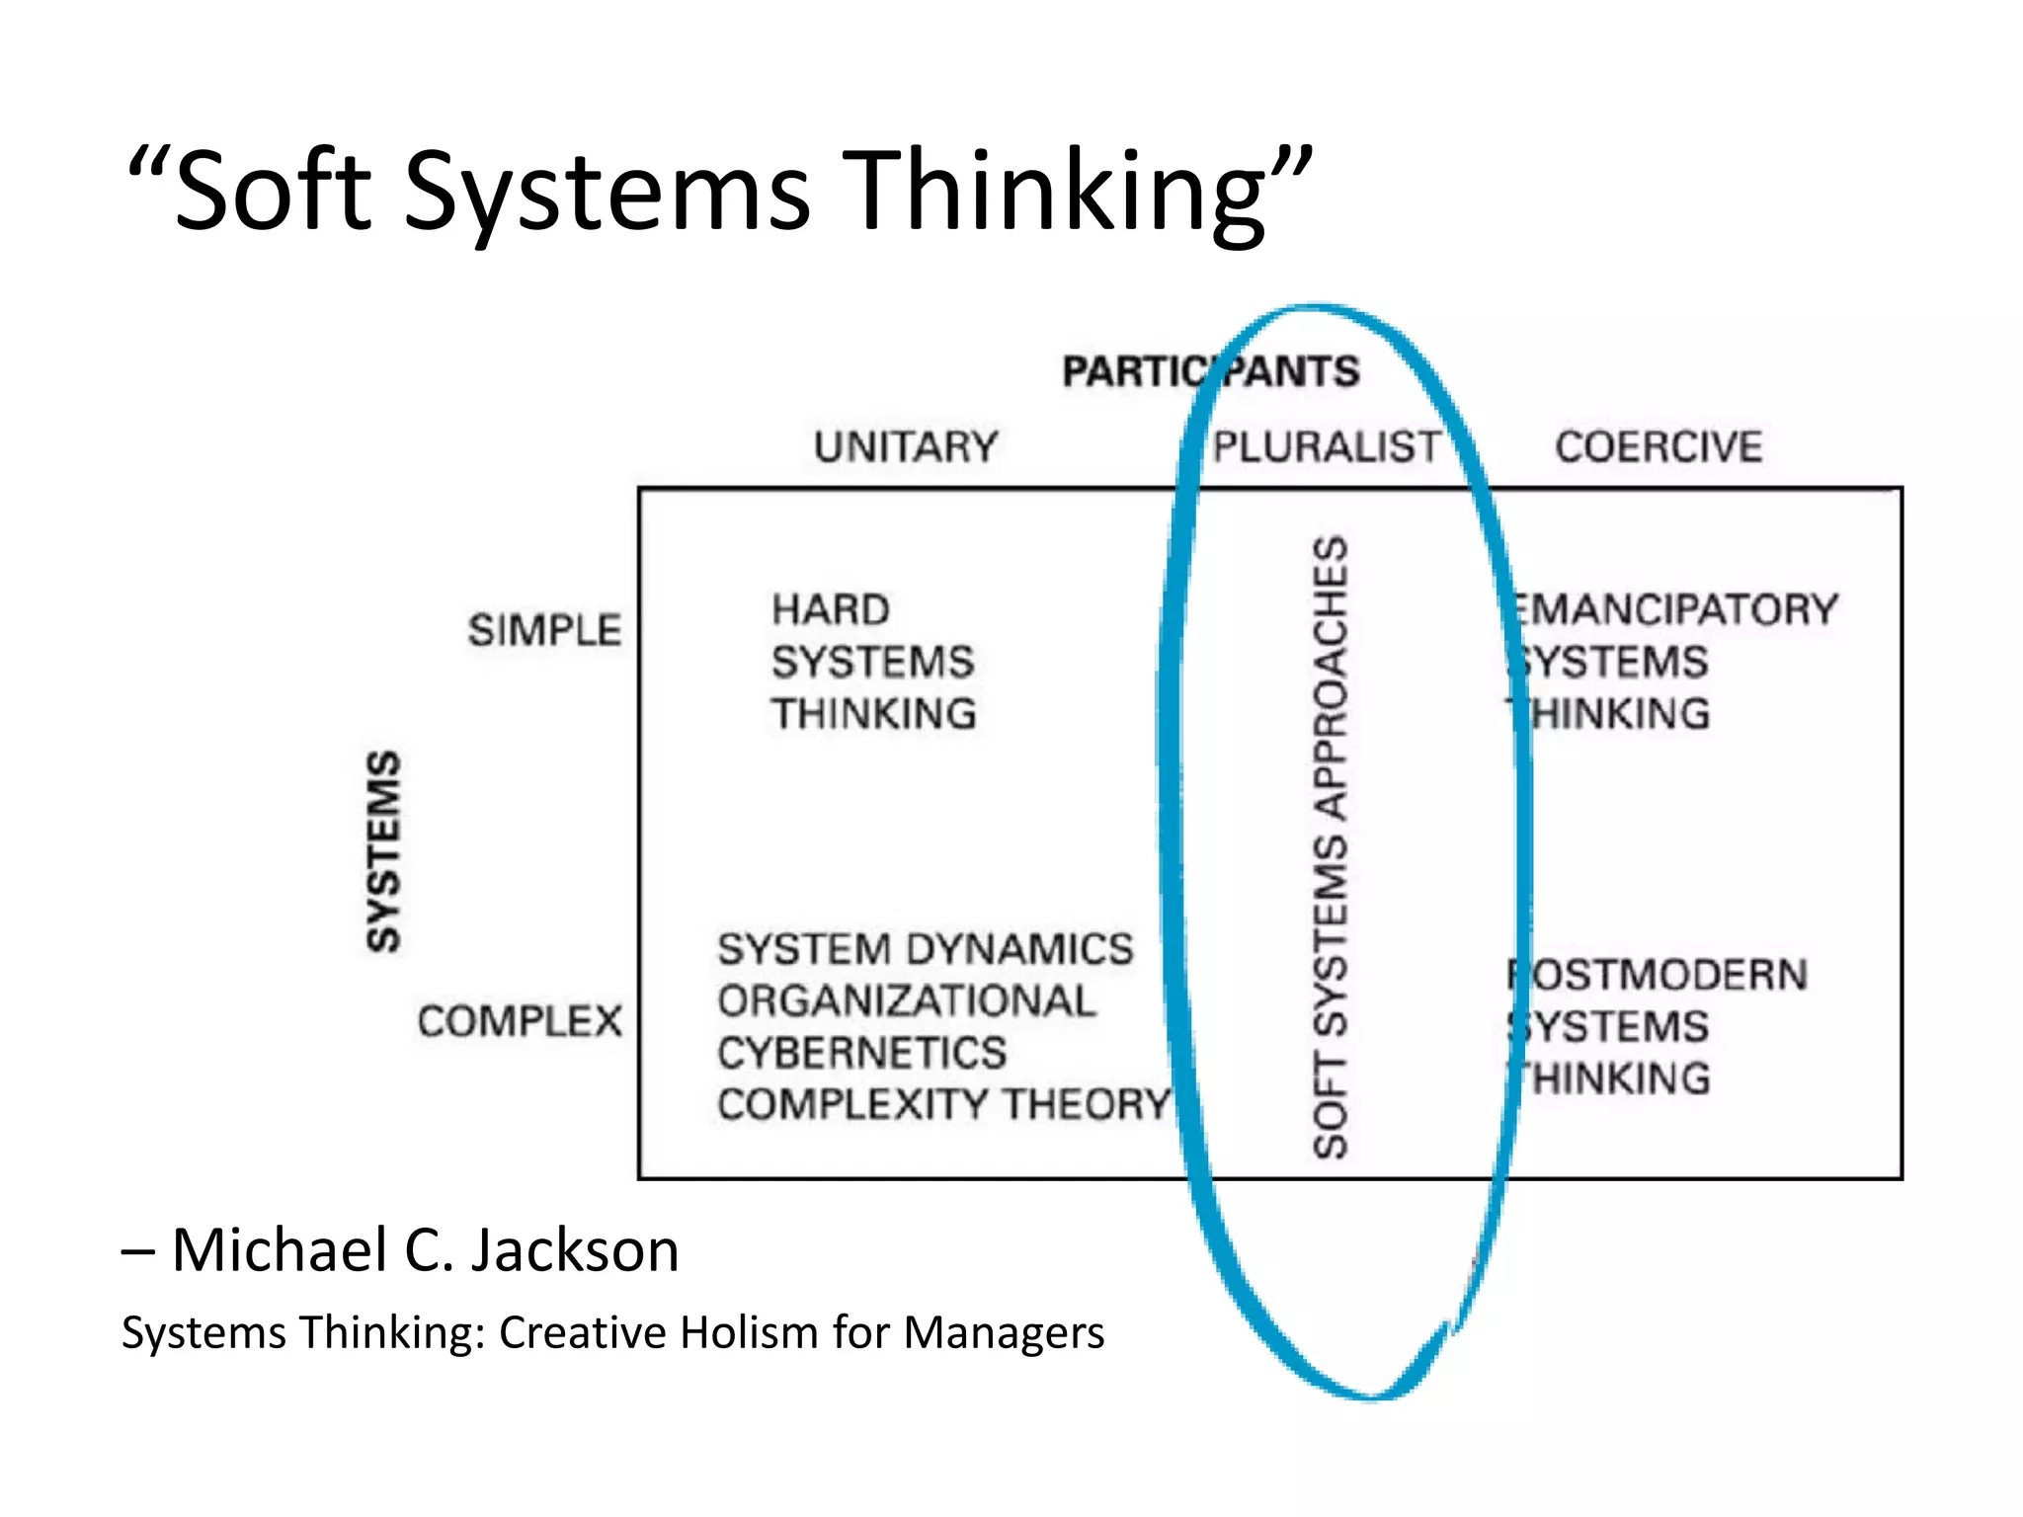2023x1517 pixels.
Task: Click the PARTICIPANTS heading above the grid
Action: tap(1210, 372)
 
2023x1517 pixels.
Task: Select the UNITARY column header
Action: tap(906, 447)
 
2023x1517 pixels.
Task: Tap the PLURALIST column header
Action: tap(1327, 447)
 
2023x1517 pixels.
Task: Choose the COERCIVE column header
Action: tap(1659, 447)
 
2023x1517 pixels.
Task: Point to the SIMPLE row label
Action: tap(544, 630)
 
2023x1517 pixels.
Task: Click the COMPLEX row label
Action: tap(520, 1021)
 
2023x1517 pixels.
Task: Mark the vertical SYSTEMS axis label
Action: tap(383, 851)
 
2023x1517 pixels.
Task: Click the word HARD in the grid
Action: tap(831, 609)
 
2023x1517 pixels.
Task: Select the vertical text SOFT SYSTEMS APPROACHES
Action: tap(1331, 847)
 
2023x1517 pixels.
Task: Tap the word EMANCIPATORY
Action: tap(1673, 609)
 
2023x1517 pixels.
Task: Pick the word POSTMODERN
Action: tap(1659, 975)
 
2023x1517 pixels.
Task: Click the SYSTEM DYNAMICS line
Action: tap(925, 949)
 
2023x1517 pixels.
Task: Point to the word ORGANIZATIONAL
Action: tap(906, 1001)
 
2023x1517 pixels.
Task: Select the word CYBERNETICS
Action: tap(861, 1053)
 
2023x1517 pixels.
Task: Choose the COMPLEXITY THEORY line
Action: tap(943, 1104)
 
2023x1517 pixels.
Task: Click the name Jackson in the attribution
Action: tap(574, 1250)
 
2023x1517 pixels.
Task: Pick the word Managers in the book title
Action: tap(1004, 1332)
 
